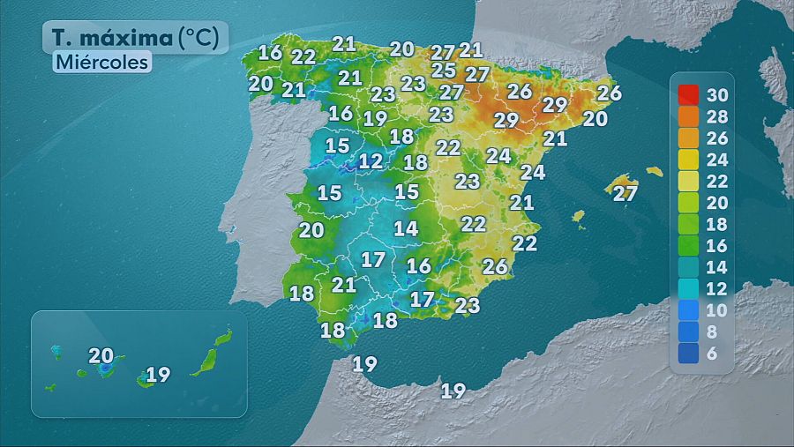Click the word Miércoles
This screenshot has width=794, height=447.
pos(101,63)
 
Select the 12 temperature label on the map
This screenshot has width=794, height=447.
pos(371,161)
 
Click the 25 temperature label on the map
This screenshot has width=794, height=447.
pos(444,70)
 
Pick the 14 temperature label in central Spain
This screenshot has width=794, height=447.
pos(406,228)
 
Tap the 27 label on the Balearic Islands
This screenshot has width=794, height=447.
pos(625,193)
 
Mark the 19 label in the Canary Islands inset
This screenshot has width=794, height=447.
pos(158,375)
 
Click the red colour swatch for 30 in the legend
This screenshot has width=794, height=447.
pos(689,94)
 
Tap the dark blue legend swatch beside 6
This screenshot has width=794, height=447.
pos(689,354)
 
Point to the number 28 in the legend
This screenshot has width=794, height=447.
pos(717,116)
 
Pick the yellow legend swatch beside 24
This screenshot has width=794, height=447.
pos(689,160)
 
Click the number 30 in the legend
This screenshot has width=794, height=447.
pos(717,94)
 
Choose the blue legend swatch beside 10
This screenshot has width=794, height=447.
pos(689,310)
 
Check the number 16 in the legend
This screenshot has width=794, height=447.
pos(717,246)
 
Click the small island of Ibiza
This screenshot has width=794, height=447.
pos(579,215)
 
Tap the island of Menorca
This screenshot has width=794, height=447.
pos(654,171)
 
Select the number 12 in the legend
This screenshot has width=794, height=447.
pos(717,289)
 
